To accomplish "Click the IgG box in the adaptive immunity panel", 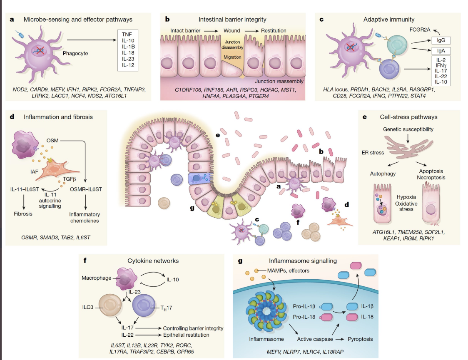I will (x=440, y=40).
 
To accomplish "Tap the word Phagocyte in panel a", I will (x=75, y=53).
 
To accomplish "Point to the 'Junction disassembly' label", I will (x=232, y=45).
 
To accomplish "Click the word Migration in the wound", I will (x=232, y=57).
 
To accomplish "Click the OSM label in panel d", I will (x=52, y=141).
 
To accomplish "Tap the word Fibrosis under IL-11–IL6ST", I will (x=23, y=214).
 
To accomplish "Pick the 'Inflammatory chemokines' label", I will (x=85, y=218).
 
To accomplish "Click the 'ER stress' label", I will (x=373, y=153).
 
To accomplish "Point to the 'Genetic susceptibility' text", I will (x=408, y=129).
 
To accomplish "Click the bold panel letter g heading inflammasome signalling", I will (x=240, y=261).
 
